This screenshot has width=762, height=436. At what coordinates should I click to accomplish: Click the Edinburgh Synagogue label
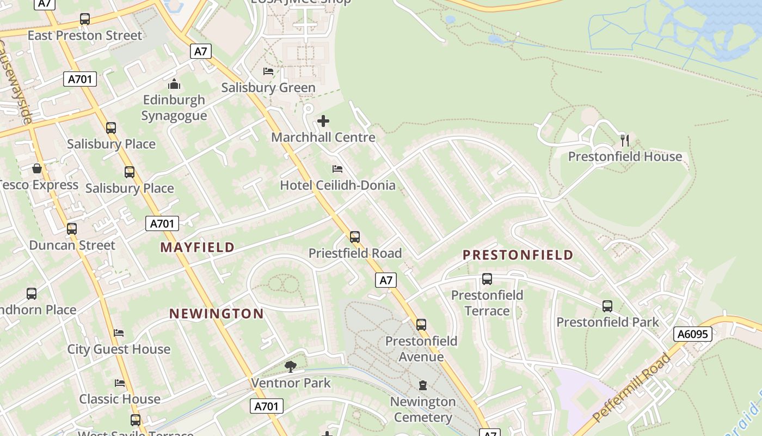click(174, 107)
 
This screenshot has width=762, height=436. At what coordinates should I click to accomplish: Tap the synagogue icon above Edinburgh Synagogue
click(174, 84)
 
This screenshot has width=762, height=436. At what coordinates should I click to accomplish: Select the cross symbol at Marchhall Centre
click(323, 120)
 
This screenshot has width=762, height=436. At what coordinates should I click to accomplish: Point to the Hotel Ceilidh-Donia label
click(337, 185)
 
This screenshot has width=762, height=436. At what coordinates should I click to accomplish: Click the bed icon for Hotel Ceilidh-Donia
click(337, 169)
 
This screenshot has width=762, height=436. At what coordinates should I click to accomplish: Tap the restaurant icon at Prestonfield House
click(625, 141)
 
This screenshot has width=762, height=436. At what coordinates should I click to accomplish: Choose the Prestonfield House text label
click(625, 157)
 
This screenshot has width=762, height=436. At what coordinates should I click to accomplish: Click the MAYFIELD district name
click(198, 247)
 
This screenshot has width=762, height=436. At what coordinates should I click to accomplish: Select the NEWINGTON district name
click(217, 314)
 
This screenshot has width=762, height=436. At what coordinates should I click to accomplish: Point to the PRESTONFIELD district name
click(518, 255)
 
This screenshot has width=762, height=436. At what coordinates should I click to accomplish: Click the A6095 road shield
click(693, 334)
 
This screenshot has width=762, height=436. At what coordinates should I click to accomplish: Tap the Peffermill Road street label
click(631, 388)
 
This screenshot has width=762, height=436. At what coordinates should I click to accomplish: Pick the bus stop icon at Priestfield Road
click(355, 237)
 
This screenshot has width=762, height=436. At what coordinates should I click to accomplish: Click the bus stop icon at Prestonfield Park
click(607, 306)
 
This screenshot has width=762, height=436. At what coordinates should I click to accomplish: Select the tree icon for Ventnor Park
click(291, 366)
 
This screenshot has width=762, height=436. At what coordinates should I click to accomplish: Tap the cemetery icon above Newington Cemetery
click(423, 385)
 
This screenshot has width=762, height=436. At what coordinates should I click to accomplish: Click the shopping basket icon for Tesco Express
click(37, 168)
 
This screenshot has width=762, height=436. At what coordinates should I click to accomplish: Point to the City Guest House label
click(119, 349)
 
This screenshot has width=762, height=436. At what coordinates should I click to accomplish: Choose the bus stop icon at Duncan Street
click(72, 229)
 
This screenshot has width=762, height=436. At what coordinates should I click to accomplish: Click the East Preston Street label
click(85, 36)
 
